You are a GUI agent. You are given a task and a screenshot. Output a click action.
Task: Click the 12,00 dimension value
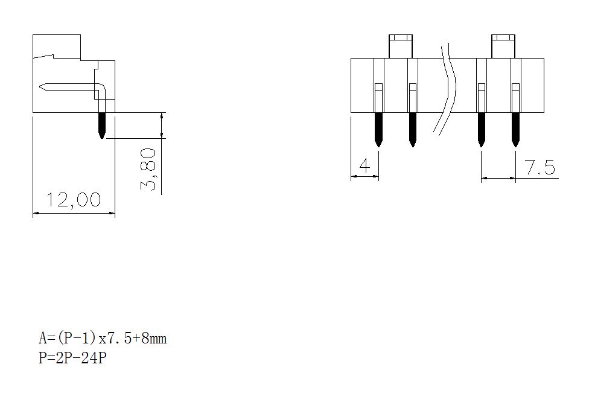pyautogui.click(x=74, y=200)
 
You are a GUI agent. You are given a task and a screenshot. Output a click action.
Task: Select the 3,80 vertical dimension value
pyautogui.click(x=149, y=170)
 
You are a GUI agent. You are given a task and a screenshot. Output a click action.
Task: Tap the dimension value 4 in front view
pyautogui.click(x=364, y=165)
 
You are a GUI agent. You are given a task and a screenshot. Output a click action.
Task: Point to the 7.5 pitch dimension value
pyautogui.click(x=539, y=167)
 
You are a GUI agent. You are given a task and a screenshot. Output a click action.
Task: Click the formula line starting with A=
pyautogui.click(x=103, y=338)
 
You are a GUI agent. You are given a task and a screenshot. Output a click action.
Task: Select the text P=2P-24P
pyautogui.click(x=72, y=359)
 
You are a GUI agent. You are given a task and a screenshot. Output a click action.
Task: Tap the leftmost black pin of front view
pyautogui.click(x=378, y=128)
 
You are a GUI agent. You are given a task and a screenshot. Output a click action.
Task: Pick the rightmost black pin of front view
pyautogui.click(x=515, y=128)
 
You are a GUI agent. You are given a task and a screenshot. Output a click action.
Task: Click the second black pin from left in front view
pyautogui.click(x=412, y=128)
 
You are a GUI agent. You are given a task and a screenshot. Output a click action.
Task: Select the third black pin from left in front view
pyautogui.click(x=481, y=128)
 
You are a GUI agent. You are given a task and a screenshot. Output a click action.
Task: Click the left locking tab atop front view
pyautogui.click(x=401, y=46)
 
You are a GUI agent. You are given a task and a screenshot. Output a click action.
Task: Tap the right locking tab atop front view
pyautogui.click(x=504, y=46)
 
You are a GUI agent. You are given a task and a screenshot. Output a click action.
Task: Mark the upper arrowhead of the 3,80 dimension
pyautogui.click(x=161, y=115)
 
